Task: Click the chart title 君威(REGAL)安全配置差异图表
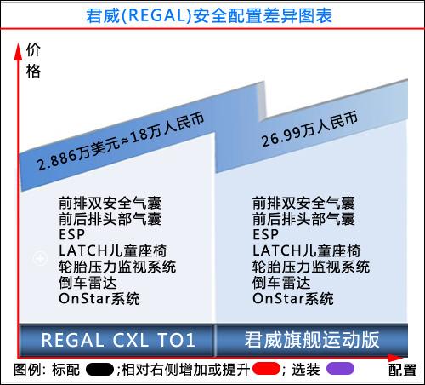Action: [209, 15]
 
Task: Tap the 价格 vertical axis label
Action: [33, 60]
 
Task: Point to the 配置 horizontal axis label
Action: [402, 370]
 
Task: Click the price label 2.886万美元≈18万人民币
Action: [121, 141]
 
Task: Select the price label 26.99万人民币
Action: [309, 129]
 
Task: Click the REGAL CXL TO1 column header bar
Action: [116, 340]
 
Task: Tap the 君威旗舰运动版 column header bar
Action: [312, 340]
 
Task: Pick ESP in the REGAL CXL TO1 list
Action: [71, 234]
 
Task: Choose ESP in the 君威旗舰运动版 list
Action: [265, 234]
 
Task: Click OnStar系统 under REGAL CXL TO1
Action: [99, 299]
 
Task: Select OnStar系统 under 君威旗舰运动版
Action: [293, 299]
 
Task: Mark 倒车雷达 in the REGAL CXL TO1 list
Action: [88, 283]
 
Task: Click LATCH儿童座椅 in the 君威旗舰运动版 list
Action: [307, 250]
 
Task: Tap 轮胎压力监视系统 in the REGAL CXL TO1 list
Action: [117, 267]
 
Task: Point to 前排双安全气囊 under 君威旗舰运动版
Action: [303, 203]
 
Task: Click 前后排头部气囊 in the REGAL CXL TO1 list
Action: [110, 219]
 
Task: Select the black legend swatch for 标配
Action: [99, 370]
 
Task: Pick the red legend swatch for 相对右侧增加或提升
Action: [266, 369]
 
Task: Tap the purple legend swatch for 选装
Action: [340, 369]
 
